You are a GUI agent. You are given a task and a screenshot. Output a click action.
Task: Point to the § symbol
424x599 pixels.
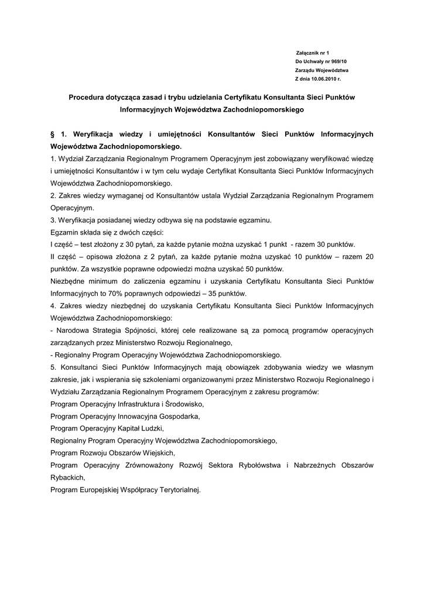pos(53,134)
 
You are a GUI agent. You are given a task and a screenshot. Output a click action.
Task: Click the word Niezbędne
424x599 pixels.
pos(69,281)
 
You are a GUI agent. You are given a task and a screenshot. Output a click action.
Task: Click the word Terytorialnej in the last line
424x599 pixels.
pos(178,490)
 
